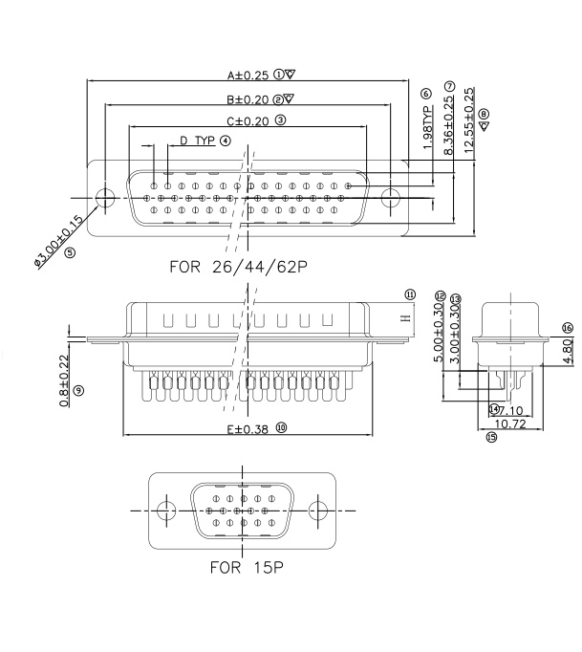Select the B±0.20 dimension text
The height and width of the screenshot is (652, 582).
pos(248,98)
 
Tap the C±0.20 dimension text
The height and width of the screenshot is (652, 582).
pos(248,121)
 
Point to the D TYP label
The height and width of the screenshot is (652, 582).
pos(197,141)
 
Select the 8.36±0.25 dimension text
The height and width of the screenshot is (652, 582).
pos(449,125)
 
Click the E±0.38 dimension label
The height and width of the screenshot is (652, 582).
pos(247,430)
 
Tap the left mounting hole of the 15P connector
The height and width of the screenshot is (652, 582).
pos(166,510)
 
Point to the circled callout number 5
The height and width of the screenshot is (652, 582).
pos(70,252)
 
